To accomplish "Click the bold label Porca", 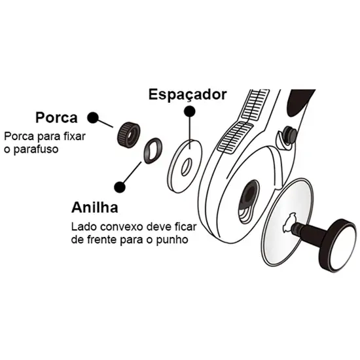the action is click(x=56, y=118).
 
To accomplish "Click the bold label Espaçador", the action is click(x=188, y=94).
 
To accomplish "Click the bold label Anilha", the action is click(x=95, y=207).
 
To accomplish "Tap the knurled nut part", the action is click(x=129, y=135).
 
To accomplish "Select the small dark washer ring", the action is click(x=153, y=151).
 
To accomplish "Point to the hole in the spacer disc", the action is click(x=187, y=167).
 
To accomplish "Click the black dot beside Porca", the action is click(x=93, y=118).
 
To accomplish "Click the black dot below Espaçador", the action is click(x=190, y=111).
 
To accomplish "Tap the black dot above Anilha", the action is click(x=120, y=187).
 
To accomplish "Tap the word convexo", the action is click(x=122, y=227).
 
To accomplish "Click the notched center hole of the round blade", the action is click(x=289, y=223).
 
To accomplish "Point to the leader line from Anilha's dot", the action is click(x=132, y=172).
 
